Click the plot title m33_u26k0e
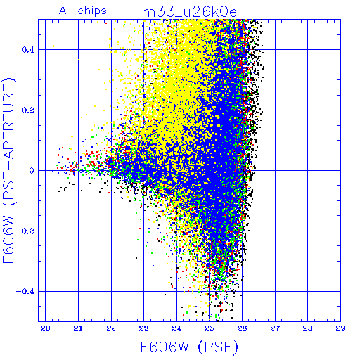[189, 12]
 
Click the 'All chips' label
[83, 11]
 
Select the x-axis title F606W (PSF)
[189, 347]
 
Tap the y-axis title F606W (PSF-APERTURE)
[8, 171]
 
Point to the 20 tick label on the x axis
[46, 328]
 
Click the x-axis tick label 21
[78, 328]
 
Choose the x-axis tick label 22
[111, 328]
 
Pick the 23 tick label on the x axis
[143, 328]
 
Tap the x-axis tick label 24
[176, 328]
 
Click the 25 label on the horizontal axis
[210, 328]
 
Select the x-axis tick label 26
[242, 328]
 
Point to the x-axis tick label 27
[275, 328]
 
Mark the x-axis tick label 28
[307, 328]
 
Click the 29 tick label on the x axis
[340, 328]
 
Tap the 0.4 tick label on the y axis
[28, 50]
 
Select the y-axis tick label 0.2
[28, 110]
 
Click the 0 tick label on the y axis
[32, 171]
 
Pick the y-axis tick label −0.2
[25, 231]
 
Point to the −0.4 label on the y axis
[25, 292]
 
